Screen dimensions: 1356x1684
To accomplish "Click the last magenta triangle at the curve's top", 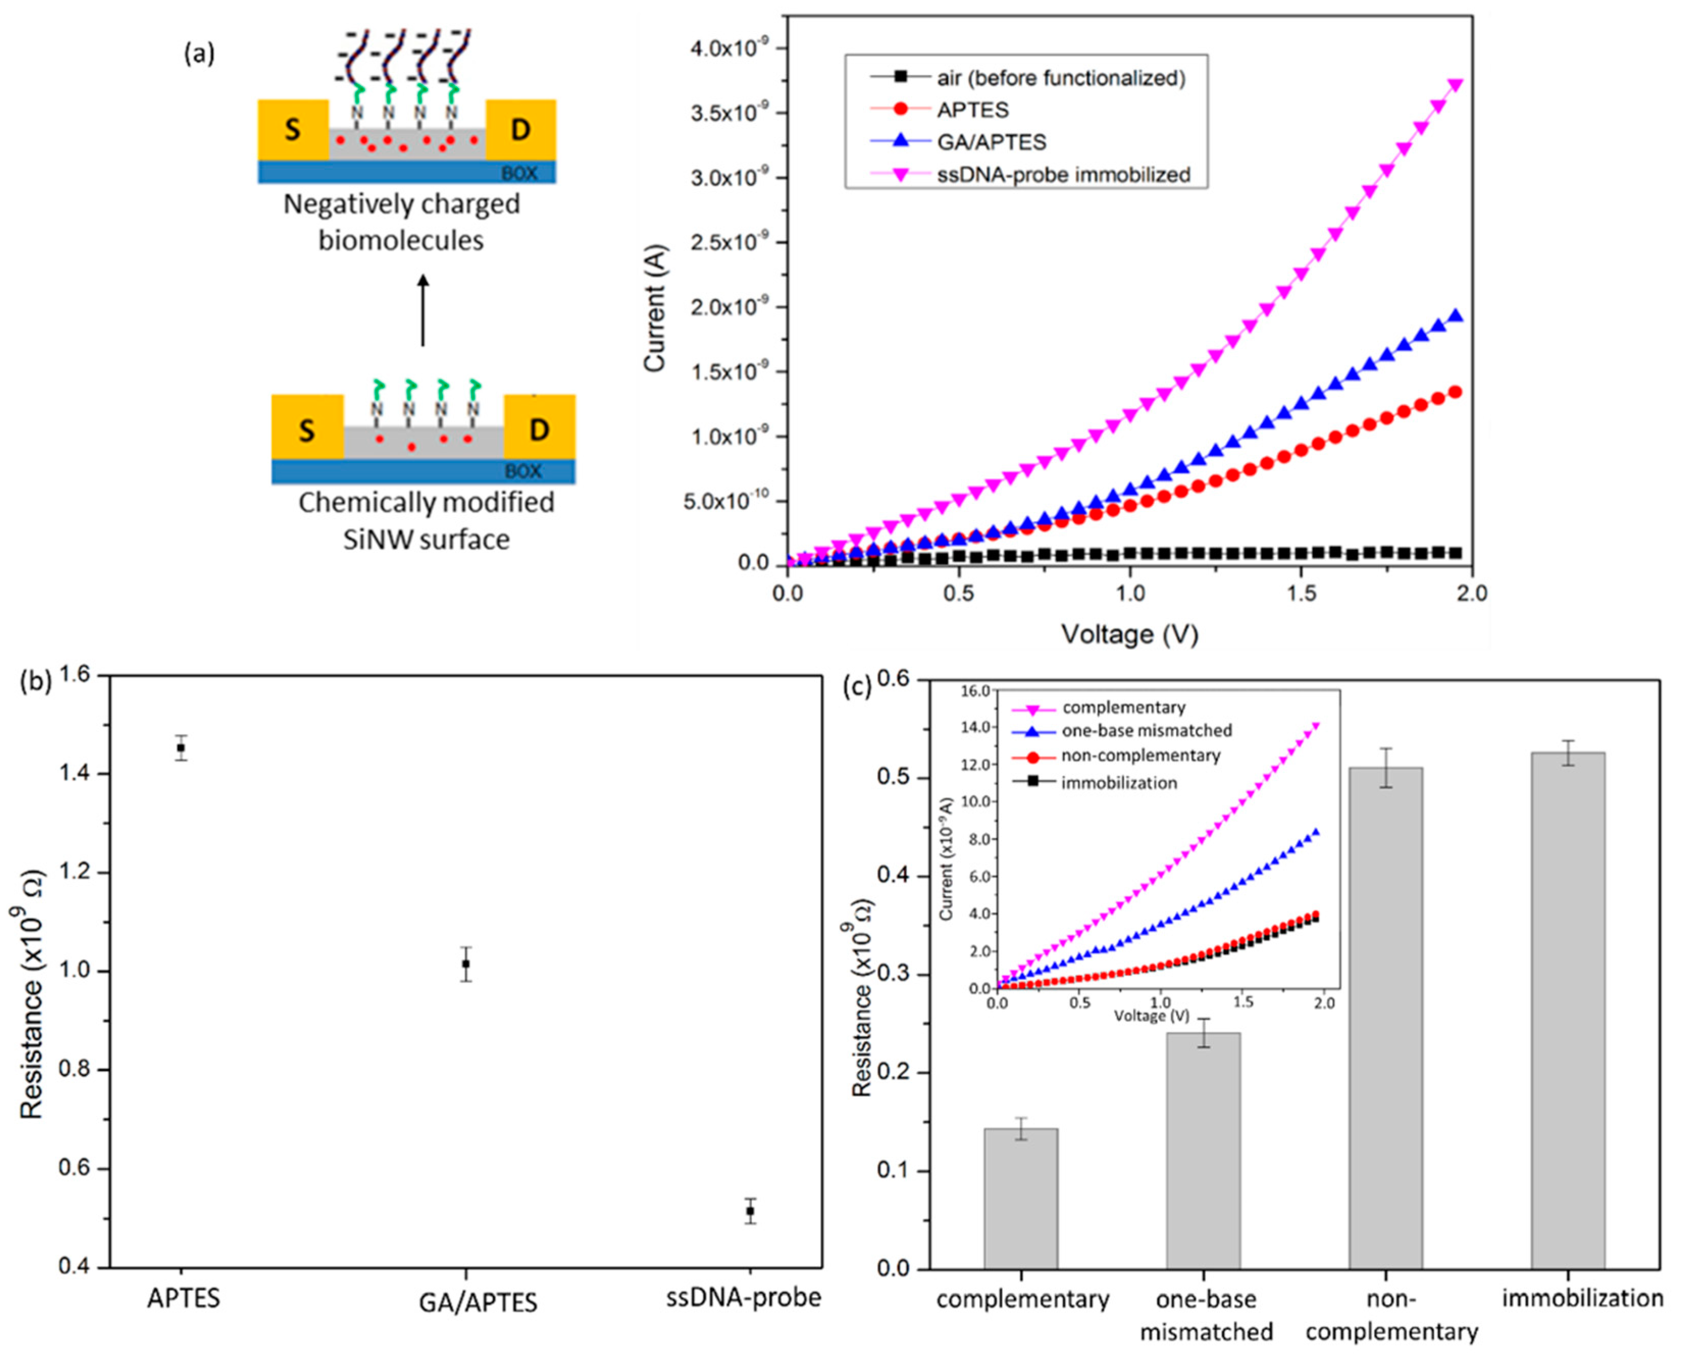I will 1455,84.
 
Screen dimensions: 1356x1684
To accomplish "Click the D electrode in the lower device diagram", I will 539,429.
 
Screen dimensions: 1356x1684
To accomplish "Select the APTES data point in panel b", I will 181,748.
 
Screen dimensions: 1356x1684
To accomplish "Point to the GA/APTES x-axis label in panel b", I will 478,1302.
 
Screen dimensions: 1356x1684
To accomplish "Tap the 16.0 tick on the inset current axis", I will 975,690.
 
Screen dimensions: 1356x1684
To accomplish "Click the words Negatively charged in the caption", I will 401,204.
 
